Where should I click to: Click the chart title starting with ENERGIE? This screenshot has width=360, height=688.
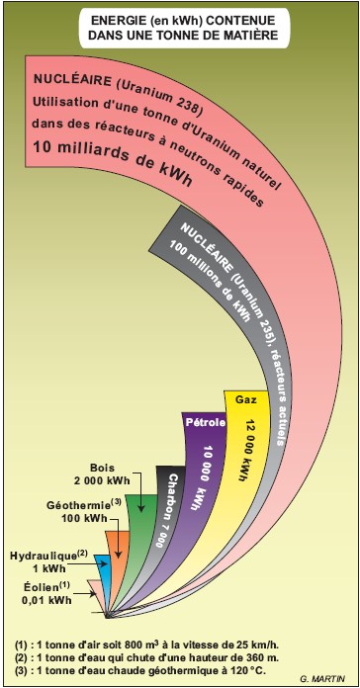[180, 26]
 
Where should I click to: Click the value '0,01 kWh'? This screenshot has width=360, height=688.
[46, 600]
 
